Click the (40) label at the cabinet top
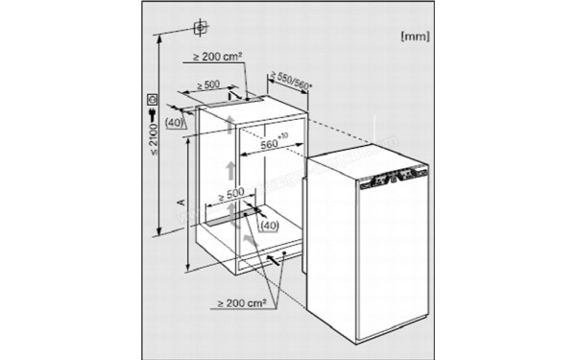[176, 122]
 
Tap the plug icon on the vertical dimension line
[154, 117]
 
